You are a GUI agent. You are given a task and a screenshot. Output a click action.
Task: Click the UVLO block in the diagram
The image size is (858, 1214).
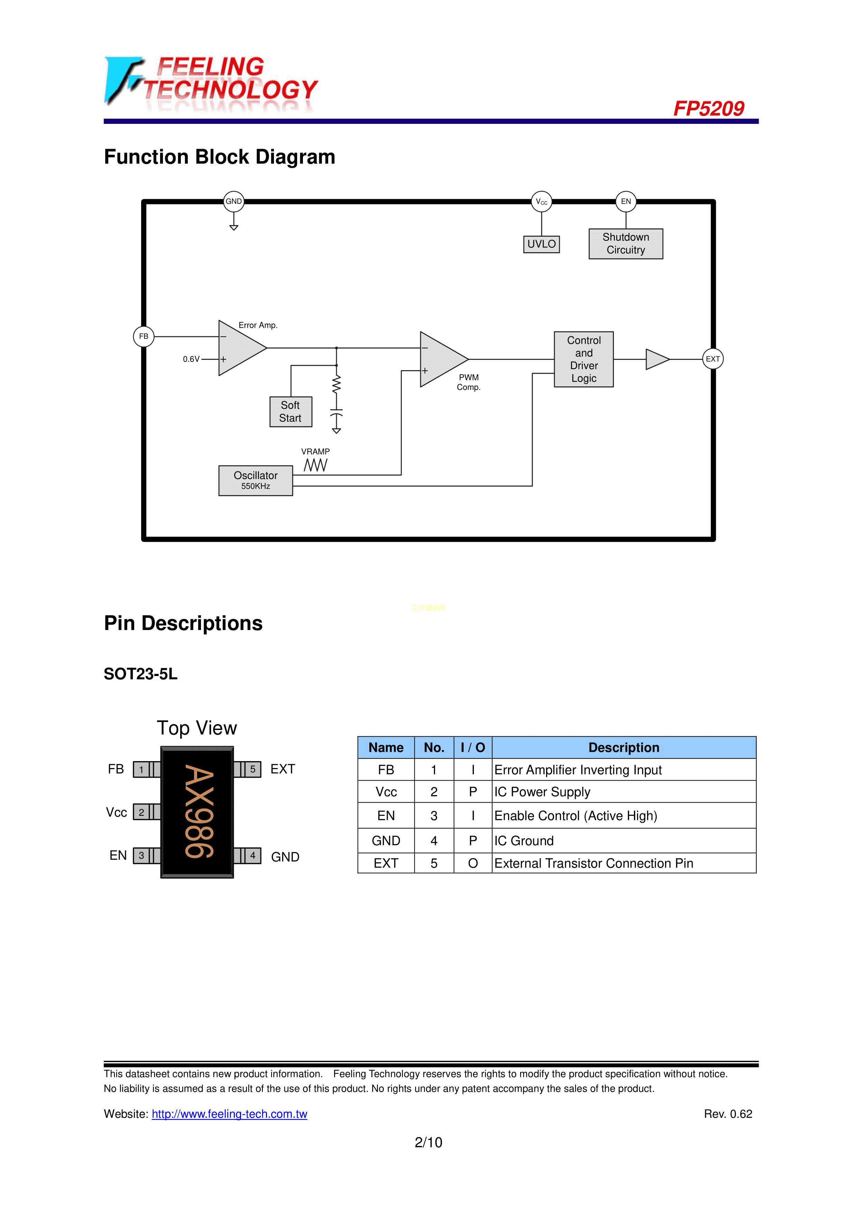(x=541, y=244)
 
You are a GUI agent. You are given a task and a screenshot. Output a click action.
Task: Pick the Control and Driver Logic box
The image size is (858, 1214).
(x=584, y=359)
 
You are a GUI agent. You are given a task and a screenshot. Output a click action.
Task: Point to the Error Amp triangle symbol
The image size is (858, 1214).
(x=238, y=348)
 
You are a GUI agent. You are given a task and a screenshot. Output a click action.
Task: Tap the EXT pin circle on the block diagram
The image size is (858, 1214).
(x=713, y=359)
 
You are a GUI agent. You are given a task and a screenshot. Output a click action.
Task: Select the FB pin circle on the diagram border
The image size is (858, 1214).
(x=143, y=336)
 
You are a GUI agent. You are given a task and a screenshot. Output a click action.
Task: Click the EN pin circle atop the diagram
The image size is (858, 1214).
(x=626, y=201)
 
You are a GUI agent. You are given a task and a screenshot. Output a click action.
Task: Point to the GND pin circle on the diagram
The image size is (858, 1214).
(x=234, y=201)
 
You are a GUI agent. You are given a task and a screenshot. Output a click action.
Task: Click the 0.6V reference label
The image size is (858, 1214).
(x=191, y=359)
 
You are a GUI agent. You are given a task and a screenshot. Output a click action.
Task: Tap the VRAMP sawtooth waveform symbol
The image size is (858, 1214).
(x=316, y=465)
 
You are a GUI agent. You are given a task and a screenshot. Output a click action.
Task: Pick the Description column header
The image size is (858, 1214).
(x=624, y=747)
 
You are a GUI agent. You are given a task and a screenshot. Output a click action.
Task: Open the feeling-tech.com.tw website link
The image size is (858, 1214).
(x=229, y=1114)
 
